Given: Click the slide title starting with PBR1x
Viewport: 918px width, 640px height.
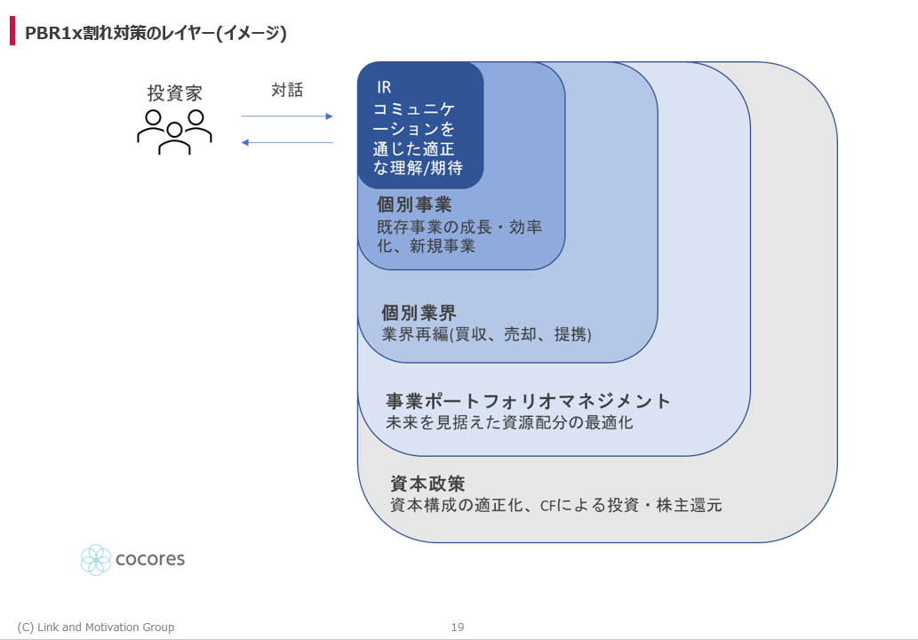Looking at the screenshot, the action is pyautogui.click(x=156, y=33).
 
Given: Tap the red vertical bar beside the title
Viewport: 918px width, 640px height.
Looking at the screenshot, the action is pyautogui.click(x=12, y=31).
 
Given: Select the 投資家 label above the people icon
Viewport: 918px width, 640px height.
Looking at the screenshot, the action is pyautogui.click(x=174, y=93).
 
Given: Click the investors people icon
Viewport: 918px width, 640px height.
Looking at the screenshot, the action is pyautogui.click(x=174, y=132).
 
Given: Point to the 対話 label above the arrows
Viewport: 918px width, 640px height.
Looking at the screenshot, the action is pyautogui.click(x=287, y=90).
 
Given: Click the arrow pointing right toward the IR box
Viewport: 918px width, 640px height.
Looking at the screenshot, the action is pyautogui.click(x=287, y=116).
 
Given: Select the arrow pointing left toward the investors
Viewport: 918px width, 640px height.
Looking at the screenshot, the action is pyautogui.click(x=287, y=142).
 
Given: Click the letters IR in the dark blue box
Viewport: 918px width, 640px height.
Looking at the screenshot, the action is pyautogui.click(x=384, y=88).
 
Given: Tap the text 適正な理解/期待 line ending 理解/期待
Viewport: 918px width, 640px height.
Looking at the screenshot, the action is pyautogui.click(x=418, y=168).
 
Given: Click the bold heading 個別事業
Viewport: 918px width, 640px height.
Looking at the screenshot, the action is pyautogui.click(x=414, y=204).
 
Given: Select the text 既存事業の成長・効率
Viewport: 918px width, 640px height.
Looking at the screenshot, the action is pyautogui.click(x=459, y=227).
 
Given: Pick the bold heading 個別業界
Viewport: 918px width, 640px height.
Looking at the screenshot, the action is pyautogui.click(x=419, y=313).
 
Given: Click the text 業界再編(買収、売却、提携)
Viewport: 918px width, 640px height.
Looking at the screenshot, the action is pyautogui.click(x=486, y=334).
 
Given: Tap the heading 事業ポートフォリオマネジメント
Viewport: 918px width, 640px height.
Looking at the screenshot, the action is pyautogui.click(x=528, y=401).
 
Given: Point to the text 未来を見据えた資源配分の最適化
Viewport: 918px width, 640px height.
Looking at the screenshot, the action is pyautogui.click(x=509, y=422).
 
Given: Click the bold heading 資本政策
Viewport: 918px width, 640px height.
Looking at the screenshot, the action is pyautogui.click(x=427, y=484).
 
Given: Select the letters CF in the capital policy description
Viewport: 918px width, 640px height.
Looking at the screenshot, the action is pyautogui.click(x=547, y=505).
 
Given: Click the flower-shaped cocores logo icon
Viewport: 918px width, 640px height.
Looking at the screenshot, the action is pyautogui.click(x=95, y=560).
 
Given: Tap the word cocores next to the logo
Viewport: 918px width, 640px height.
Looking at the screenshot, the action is pyautogui.click(x=150, y=559).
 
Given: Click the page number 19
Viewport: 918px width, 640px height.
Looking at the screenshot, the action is pyautogui.click(x=458, y=628).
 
